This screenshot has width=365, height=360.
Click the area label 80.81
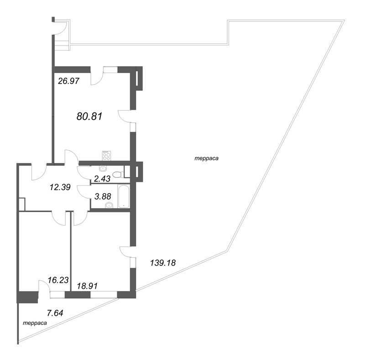click(x=89, y=116)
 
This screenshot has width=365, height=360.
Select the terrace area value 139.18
click(x=163, y=263)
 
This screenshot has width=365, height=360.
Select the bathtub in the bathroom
click(x=123, y=196)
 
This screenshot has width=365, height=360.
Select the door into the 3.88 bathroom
click(x=83, y=192)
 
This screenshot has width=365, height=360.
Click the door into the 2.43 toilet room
click(x=83, y=172)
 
